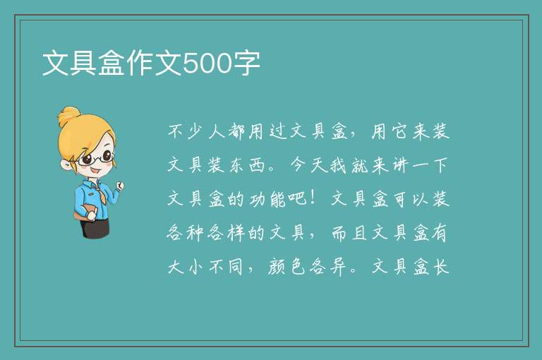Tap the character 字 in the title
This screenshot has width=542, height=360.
[246, 64]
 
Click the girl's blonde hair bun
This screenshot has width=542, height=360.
[68, 116]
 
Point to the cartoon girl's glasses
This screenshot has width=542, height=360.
[96, 158]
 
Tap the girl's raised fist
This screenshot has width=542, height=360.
[119, 186]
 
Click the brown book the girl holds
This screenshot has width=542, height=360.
[85, 211]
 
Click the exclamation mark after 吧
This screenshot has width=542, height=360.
[313, 198]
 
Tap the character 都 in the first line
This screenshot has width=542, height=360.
[238, 132]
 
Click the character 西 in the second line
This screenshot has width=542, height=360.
[258, 165]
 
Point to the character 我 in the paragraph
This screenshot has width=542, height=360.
[339, 165]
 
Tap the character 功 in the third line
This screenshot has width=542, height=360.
[258, 199]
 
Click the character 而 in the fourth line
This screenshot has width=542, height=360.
[339, 233]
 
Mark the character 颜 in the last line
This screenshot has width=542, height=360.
[277, 267]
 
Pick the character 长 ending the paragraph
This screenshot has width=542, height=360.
[441, 267]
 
